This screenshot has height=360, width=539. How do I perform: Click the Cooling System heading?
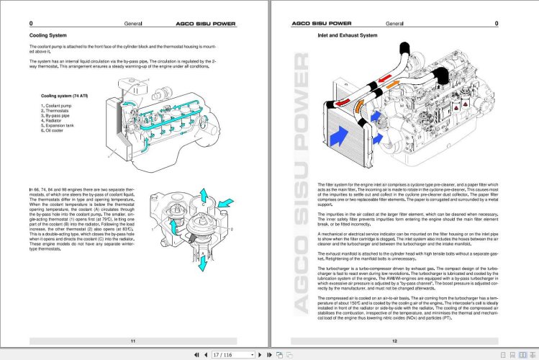tap(49, 35)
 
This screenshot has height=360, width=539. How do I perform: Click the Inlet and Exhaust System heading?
tap(347, 35)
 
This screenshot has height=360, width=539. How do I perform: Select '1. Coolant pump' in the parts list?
tap(57, 106)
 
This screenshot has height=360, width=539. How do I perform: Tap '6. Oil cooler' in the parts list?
tap(55, 131)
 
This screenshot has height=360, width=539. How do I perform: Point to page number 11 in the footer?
tap(132, 340)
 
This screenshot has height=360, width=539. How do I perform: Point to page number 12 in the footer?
tap(394, 340)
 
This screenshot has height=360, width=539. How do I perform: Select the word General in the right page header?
tap(394, 23)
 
